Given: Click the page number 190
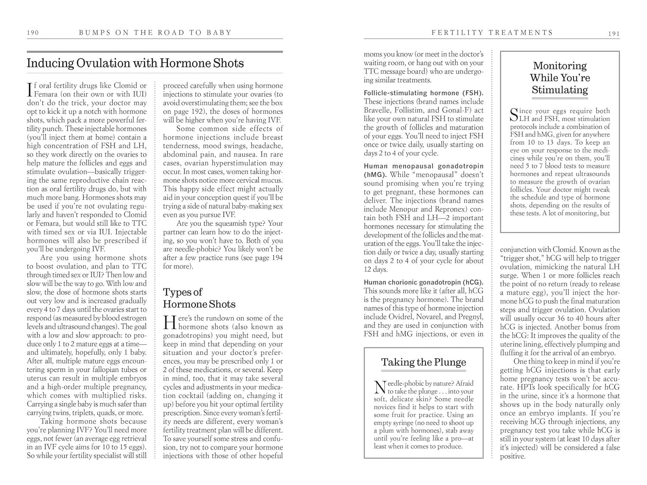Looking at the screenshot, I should (x=33, y=32).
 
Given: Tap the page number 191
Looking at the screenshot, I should (x=614, y=33).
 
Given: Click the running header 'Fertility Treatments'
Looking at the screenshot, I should (x=492, y=32).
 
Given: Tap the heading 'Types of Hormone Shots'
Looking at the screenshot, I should (x=199, y=298).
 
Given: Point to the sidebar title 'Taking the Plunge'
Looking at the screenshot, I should (x=424, y=362).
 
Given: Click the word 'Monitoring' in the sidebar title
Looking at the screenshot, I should (x=560, y=66).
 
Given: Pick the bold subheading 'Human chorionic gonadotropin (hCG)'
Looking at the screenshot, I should (x=422, y=282).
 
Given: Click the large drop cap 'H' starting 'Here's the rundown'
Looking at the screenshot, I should (x=170, y=322).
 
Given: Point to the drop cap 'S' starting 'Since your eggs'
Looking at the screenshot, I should (x=514, y=114).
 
